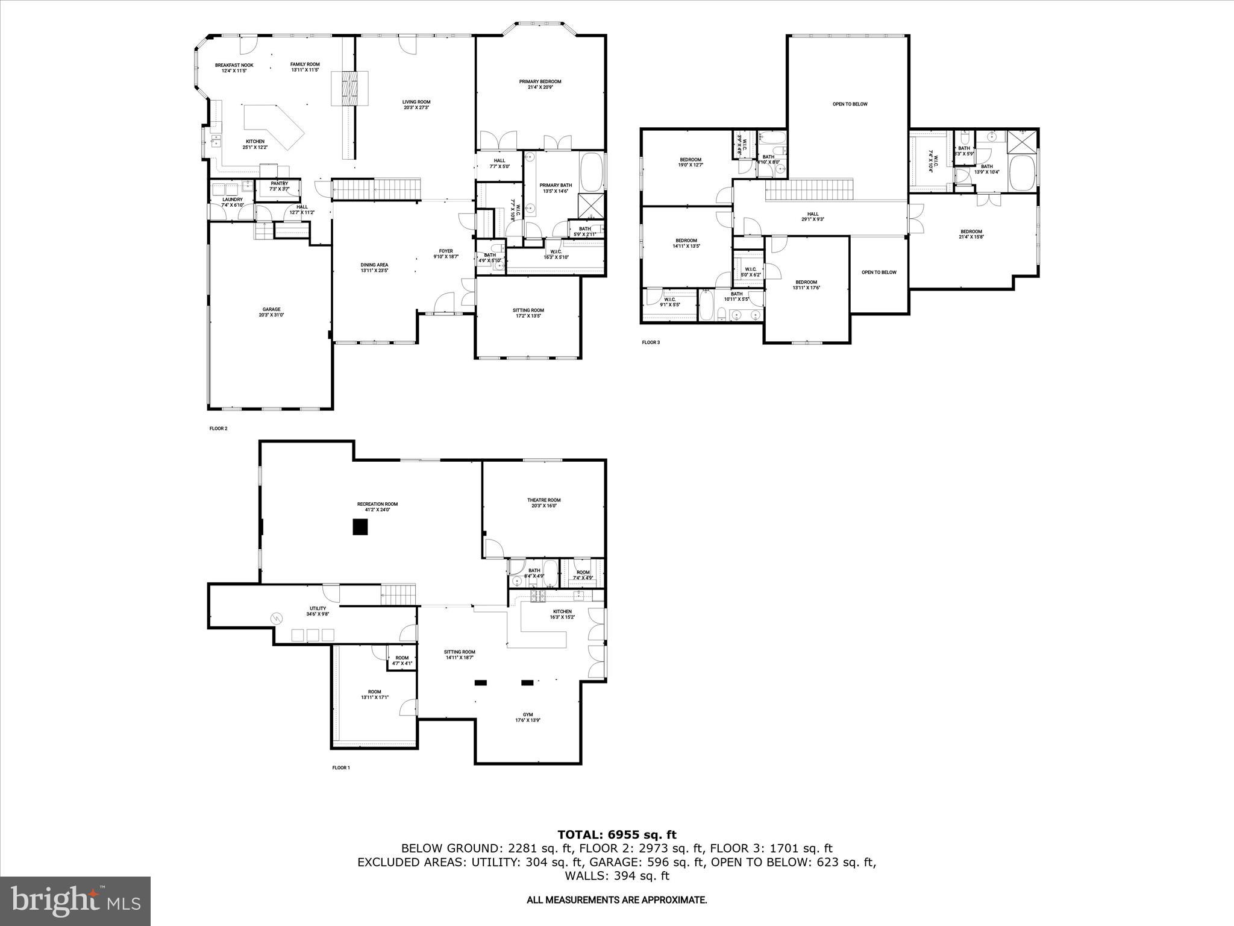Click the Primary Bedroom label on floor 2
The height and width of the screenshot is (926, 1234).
pos(540,84)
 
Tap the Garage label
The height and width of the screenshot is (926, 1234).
pos(271,312)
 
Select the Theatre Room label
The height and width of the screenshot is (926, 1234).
pos(543,503)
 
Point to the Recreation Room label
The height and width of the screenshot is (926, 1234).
pos(377,507)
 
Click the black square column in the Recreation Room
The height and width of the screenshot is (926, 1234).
pos(360,528)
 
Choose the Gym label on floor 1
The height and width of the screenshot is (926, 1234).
pos(528,717)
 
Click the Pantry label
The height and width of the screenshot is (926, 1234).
pos(279,186)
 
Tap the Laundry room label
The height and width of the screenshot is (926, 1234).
pos(233,202)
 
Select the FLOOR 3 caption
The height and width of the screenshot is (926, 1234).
pos(651,342)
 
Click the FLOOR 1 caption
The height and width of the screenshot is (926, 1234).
pos(340,767)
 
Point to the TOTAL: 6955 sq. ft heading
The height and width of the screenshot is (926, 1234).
pos(616,835)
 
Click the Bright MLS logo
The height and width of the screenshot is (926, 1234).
pos(75,901)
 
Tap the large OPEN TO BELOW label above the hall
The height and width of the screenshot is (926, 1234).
pos(850,104)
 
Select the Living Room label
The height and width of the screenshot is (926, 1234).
pos(416,105)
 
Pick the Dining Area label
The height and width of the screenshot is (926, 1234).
pos(374,268)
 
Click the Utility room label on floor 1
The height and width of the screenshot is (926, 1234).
pos(318,611)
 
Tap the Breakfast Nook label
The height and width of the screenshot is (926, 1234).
pos(234,68)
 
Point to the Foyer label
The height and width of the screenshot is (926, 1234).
pos(446,254)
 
